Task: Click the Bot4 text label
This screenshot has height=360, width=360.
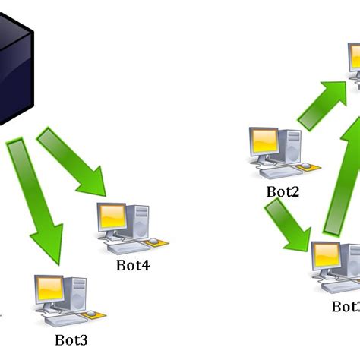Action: coord(133,266)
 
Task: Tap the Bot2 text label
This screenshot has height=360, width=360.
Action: coord(283,192)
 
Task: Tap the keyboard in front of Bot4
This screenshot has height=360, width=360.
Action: coord(126,247)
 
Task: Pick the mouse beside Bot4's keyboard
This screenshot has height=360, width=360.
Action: coord(155,242)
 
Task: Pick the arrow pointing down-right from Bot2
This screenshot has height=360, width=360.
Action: coord(287,227)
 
